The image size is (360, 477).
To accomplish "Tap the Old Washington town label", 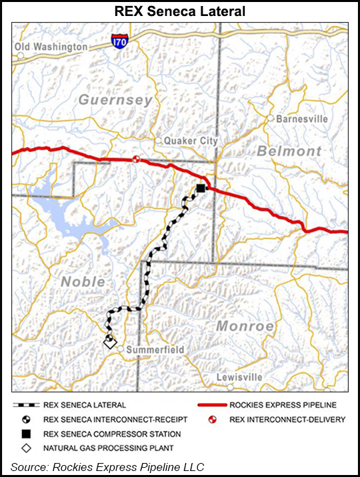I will [x=51, y=47].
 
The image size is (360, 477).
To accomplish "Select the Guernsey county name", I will [x=115, y=100].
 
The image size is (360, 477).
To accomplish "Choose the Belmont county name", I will [x=289, y=151].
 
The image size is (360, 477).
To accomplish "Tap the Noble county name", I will [x=83, y=282].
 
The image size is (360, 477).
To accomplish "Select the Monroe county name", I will [x=245, y=326].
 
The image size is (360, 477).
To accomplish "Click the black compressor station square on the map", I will [x=201, y=189].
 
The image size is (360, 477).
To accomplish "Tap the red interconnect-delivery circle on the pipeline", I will [x=135, y=159].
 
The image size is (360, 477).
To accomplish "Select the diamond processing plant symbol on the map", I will [x=109, y=342].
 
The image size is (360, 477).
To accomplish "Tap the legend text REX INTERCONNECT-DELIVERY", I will [x=287, y=419].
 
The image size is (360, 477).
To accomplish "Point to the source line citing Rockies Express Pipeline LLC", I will [x=107, y=465].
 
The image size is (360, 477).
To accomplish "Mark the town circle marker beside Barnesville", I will [x=271, y=118].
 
